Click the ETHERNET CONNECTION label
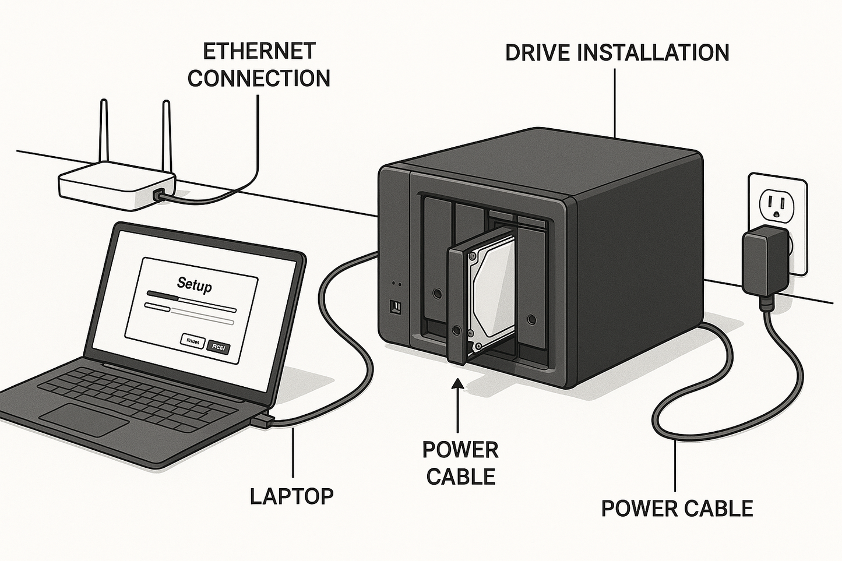pos(259,65)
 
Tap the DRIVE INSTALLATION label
pos(616,52)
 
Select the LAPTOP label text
pos(291,496)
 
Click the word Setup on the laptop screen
pos(194,284)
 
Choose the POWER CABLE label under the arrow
pos(460,463)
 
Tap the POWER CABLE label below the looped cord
pos(677,509)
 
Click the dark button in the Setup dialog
pos(219,348)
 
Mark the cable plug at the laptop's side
pos(262,420)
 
